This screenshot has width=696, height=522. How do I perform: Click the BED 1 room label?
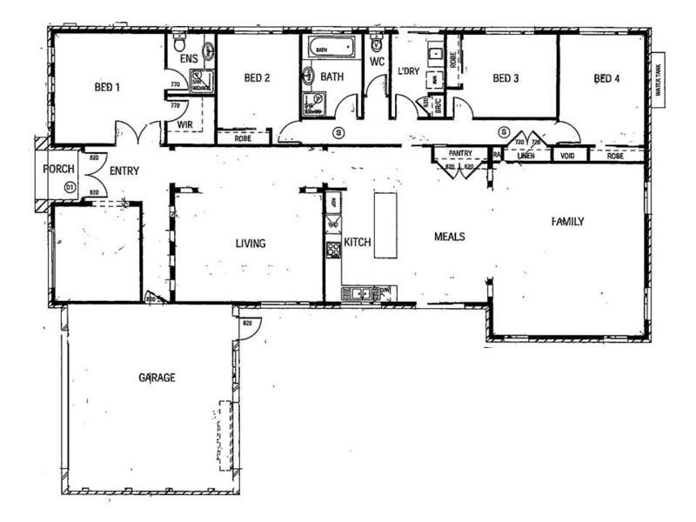pyautogui.click(x=107, y=87)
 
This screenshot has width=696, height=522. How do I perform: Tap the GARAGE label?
pyautogui.click(x=157, y=378)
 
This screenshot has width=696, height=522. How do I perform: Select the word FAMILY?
pyautogui.click(x=567, y=222)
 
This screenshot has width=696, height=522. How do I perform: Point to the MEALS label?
pyautogui.click(x=449, y=237)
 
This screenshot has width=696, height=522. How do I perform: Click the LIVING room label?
pyautogui.click(x=250, y=244)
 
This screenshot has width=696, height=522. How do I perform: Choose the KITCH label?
pyautogui.click(x=358, y=242)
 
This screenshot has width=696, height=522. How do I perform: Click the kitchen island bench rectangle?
pyautogui.click(x=385, y=224)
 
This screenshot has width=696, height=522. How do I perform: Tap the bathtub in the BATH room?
pyautogui.click(x=331, y=47)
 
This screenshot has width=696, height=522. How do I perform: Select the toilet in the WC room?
pyautogui.click(x=376, y=44)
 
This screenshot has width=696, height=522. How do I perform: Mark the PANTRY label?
pyautogui.click(x=459, y=154)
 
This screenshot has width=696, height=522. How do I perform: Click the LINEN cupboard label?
pyautogui.click(x=525, y=156)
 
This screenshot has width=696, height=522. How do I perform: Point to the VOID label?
pyautogui.click(x=569, y=156)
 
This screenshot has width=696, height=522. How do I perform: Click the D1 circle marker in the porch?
pyautogui.click(x=70, y=187)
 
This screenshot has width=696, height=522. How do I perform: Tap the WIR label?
pyautogui.click(x=184, y=125)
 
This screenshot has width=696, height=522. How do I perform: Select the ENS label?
pyautogui.click(x=188, y=59)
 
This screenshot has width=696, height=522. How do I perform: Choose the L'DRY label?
pyautogui.click(x=408, y=70)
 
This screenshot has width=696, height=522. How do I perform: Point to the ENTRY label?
pyautogui.click(x=124, y=171)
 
